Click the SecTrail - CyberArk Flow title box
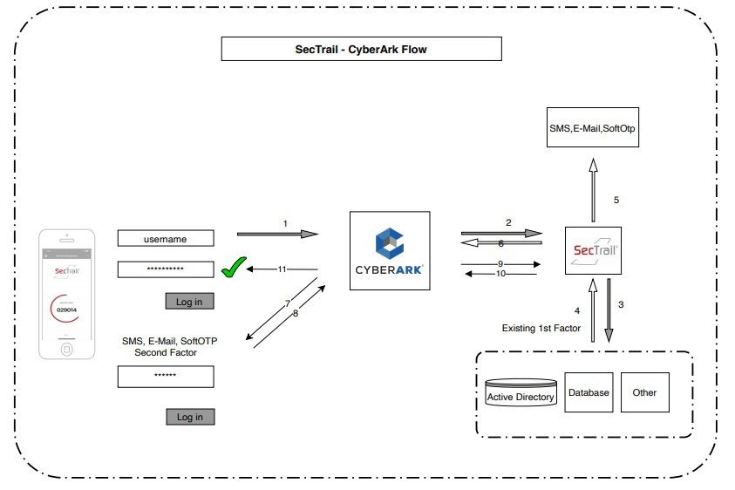[361, 50]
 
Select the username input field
[166, 238]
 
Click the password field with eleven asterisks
[166, 269]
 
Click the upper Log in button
[189, 301]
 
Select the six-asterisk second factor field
[166, 376]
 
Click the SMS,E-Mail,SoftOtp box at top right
[592, 129]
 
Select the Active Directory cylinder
[520, 395]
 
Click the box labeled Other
[644, 393]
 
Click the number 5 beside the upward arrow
[616, 200]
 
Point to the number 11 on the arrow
[282, 269]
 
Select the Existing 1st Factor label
[539, 328]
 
